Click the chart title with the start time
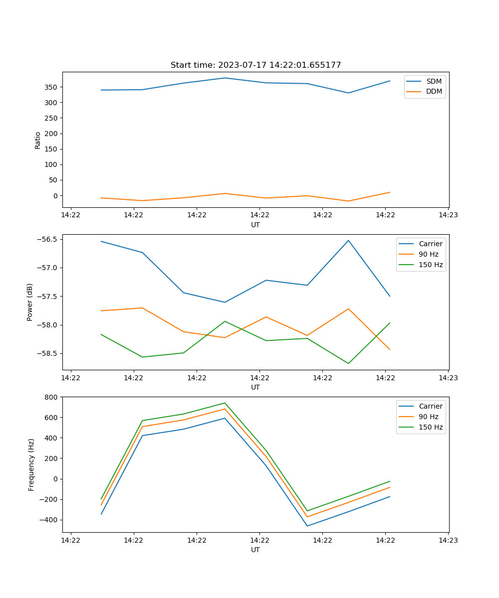click(x=255, y=65)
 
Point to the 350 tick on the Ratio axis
click(x=51, y=87)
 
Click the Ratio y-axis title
click(x=38, y=140)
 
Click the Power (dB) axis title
click(x=30, y=302)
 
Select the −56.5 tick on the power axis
click(x=47, y=239)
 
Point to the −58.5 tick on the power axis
click(x=47, y=354)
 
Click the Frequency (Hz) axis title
click(x=31, y=464)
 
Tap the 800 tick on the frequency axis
click(x=51, y=397)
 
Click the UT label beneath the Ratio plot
click(x=255, y=225)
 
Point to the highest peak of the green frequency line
click(x=225, y=403)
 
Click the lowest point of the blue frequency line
click(x=307, y=526)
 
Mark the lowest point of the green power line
click(x=348, y=363)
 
